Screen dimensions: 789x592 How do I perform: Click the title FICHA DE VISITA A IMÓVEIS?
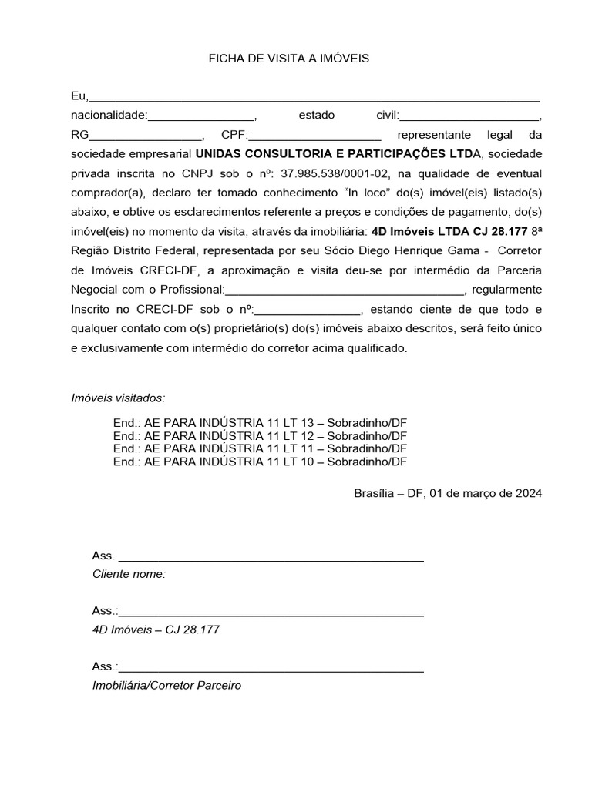point(289,59)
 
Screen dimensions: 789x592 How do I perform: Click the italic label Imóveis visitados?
point(118,398)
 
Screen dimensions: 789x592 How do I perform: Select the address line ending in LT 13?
point(260,424)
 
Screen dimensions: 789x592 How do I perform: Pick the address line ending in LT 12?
point(260,436)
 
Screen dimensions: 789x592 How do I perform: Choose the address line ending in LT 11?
point(260,448)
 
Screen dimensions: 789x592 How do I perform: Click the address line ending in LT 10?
point(260,462)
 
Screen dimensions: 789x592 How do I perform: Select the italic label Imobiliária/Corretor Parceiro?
point(166,685)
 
